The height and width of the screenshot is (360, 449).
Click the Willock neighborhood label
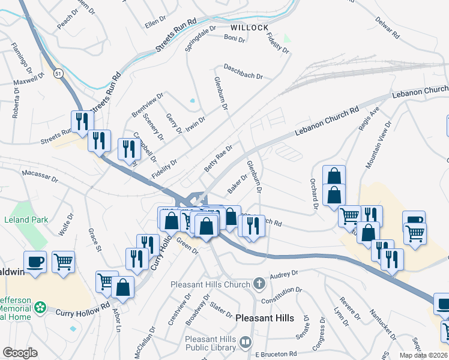tap(249, 28)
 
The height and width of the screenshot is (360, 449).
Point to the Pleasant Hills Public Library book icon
tap(245, 342)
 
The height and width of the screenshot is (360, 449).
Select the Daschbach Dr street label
tap(243, 72)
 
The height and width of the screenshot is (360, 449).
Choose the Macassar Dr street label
tap(40, 175)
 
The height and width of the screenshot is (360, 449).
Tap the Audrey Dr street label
tap(284, 276)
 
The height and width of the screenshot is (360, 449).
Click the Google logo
tap(19, 353)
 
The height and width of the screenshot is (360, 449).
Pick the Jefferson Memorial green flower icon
tap(40, 307)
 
